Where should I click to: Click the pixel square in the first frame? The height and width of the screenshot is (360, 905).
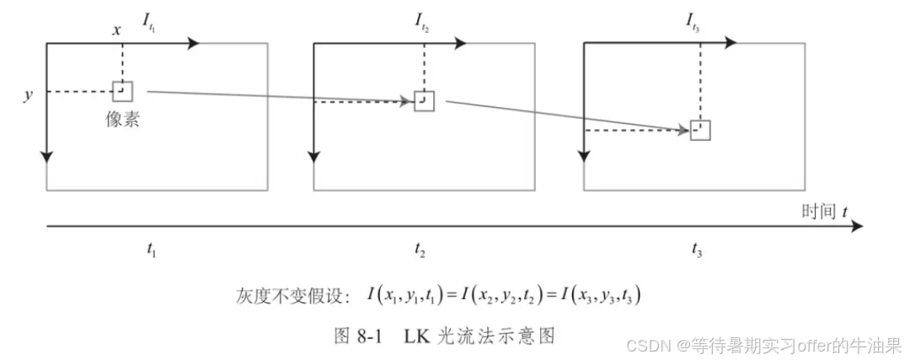coord(122,91)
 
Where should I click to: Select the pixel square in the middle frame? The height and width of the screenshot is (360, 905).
coord(424,101)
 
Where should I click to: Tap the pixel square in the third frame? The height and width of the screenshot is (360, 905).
coord(700,130)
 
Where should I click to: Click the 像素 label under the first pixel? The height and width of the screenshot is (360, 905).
coord(122,120)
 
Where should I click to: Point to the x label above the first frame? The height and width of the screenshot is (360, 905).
coord(117,30)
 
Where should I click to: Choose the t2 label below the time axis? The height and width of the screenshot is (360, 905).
coord(420,250)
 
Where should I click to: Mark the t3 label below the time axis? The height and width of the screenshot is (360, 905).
coord(696,250)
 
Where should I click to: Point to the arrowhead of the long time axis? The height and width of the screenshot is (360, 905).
coord(857,226)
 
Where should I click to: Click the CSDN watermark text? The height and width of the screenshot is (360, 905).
coord(646,345)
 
